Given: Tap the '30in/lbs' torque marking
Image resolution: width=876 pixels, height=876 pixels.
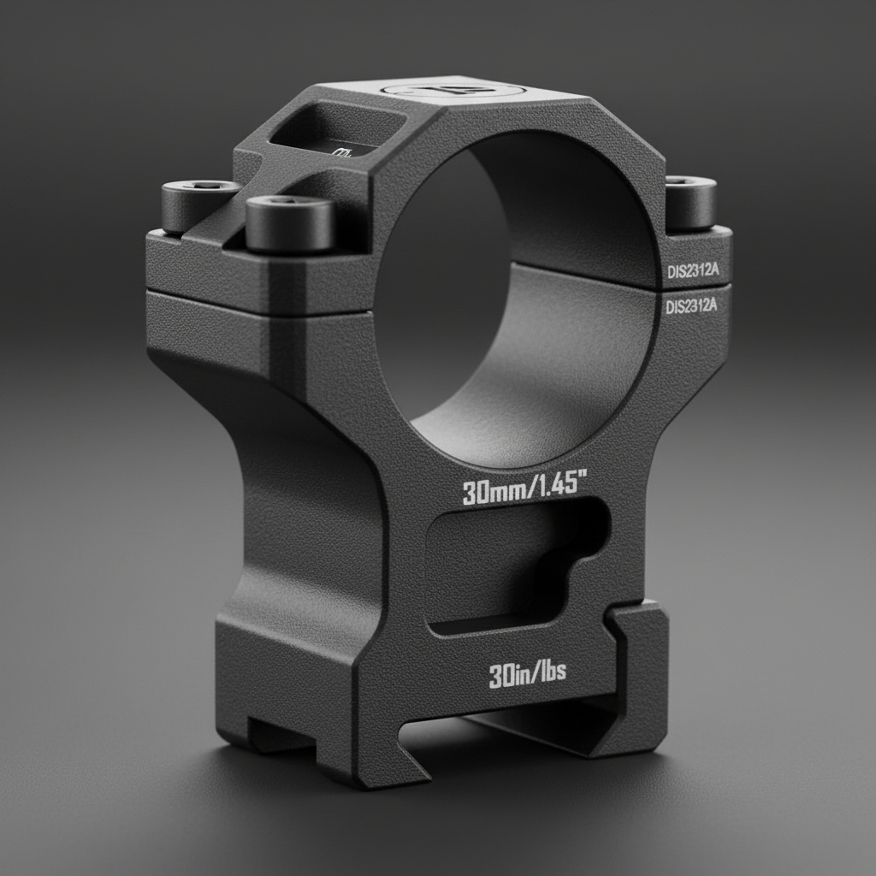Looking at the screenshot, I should coord(527,675).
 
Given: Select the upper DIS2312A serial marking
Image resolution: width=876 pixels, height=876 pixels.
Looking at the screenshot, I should coord(692,271).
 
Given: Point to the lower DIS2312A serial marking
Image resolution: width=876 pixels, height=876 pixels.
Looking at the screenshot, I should coord(692,306).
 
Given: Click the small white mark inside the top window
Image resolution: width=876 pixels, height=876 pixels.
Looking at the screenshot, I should coord(343,152).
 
